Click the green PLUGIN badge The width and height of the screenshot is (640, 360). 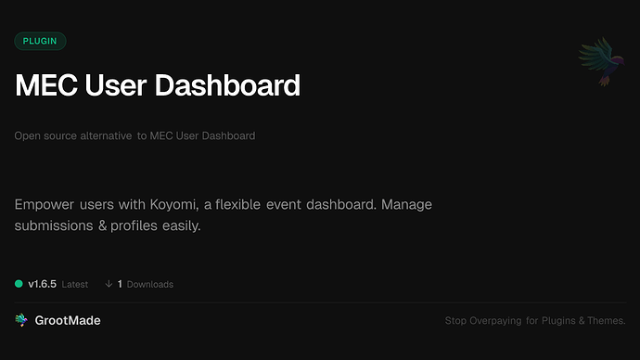pyautogui.click(x=40, y=41)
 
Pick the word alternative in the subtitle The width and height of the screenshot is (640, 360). pyautogui.click(x=103, y=136)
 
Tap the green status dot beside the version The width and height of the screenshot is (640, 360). pyautogui.click(x=19, y=284)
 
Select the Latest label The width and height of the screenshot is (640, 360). pyautogui.click(x=75, y=284)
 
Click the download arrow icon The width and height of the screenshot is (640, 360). pyautogui.click(x=109, y=284)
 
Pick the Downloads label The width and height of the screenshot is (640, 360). pyautogui.click(x=150, y=284)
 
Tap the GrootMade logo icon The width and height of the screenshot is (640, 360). pyautogui.click(x=21, y=320)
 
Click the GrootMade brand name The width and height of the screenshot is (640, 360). pyautogui.click(x=68, y=320)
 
